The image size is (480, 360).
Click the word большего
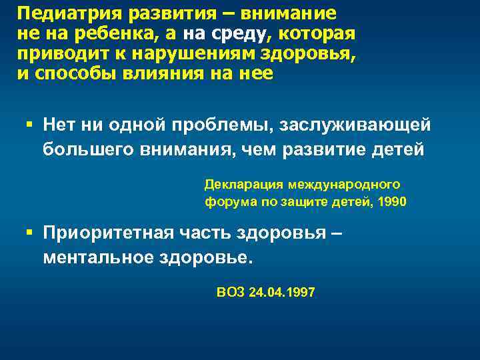click(x=89, y=148)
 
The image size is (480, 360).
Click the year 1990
click(x=391, y=201)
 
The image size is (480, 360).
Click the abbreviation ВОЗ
click(x=231, y=292)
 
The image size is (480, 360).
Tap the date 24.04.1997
click(x=281, y=292)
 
